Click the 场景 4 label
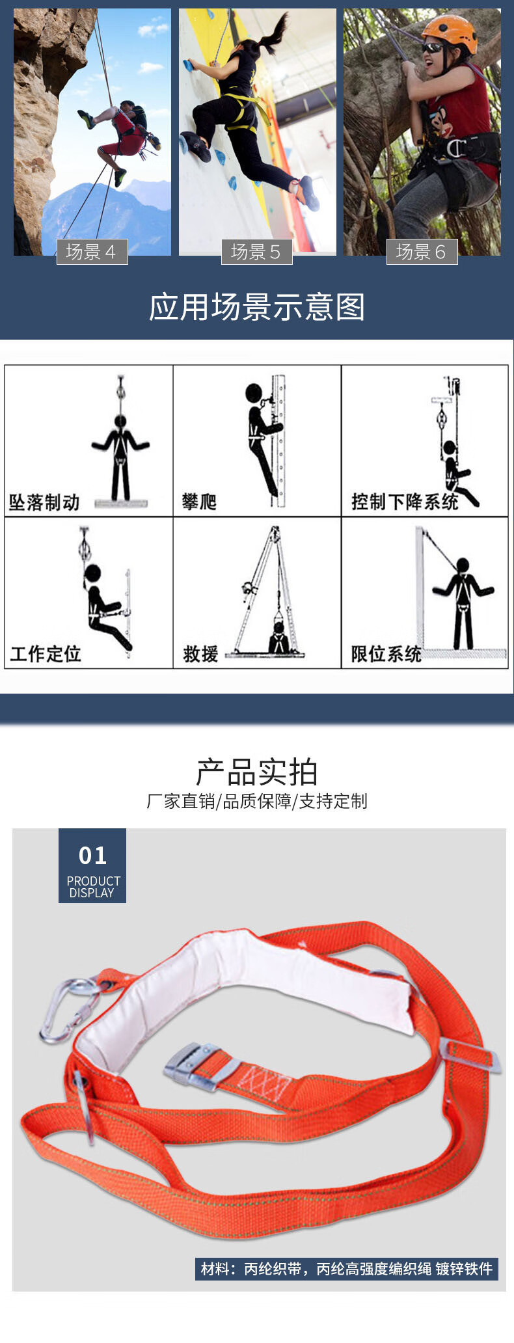click(x=92, y=252)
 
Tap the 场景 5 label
click(x=256, y=252)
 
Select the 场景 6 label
click(x=422, y=252)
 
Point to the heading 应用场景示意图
click(x=257, y=307)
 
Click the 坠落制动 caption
click(x=44, y=502)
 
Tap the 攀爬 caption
click(x=199, y=502)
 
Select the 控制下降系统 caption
click(x=404, y=502)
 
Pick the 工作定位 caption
click(x=46, y=653)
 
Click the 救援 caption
click(x=200, y=653)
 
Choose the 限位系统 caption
click(x=386, y=653)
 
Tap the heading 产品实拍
click(x=257, y=772)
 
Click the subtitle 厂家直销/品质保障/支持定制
click(x=257, y=801)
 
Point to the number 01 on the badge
click(x=92, y=856)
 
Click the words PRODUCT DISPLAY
click(x=93, y=887)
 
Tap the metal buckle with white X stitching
click(x=197, y=1066)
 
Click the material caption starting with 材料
click(x=347, y=1269)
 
